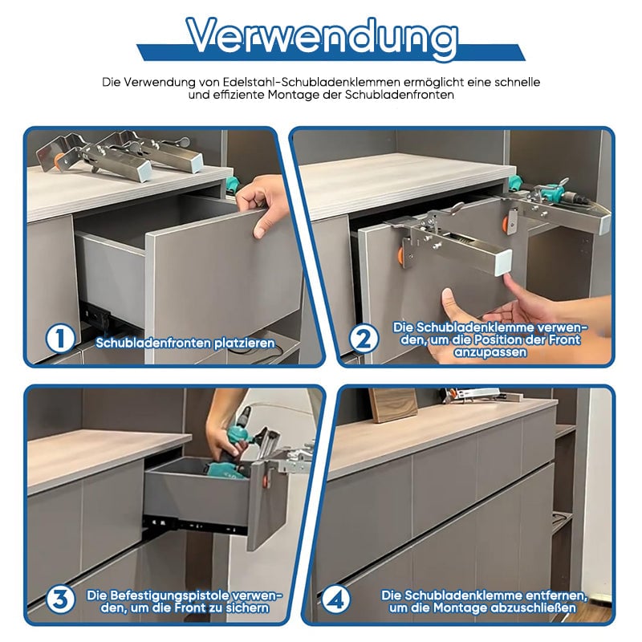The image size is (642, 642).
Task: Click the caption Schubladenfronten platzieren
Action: coord(185,343)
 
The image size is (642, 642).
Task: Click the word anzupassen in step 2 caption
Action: coord(490,352)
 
